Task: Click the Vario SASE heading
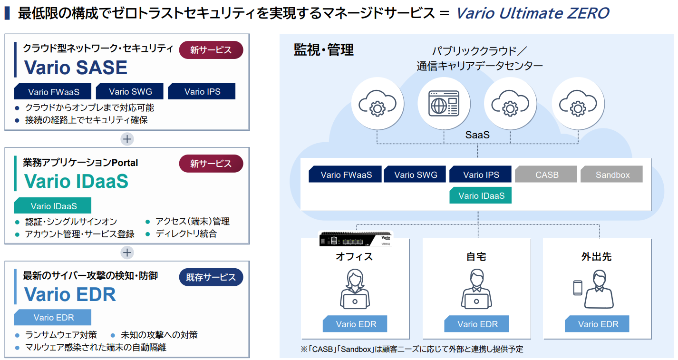(76, 67)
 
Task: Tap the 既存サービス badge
(211, 277)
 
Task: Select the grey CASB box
(546, 174)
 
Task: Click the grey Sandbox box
(612, 174)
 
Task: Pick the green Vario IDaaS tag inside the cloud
(480, 195)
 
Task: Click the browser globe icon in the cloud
(444, 104)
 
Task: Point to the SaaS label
(477, 135)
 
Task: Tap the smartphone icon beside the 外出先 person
(578, 288)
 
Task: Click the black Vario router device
(356, 239)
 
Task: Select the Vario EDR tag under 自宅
(476, 324)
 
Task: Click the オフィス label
(354, 257)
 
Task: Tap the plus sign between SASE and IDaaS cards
(127, 139)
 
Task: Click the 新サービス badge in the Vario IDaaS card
(211, 164)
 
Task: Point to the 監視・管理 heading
(324, 50)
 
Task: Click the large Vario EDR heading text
(70, 294)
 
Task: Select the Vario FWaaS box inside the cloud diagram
(345, 174)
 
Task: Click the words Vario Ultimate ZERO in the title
(533, 13)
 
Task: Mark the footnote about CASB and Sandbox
(412, 349)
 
